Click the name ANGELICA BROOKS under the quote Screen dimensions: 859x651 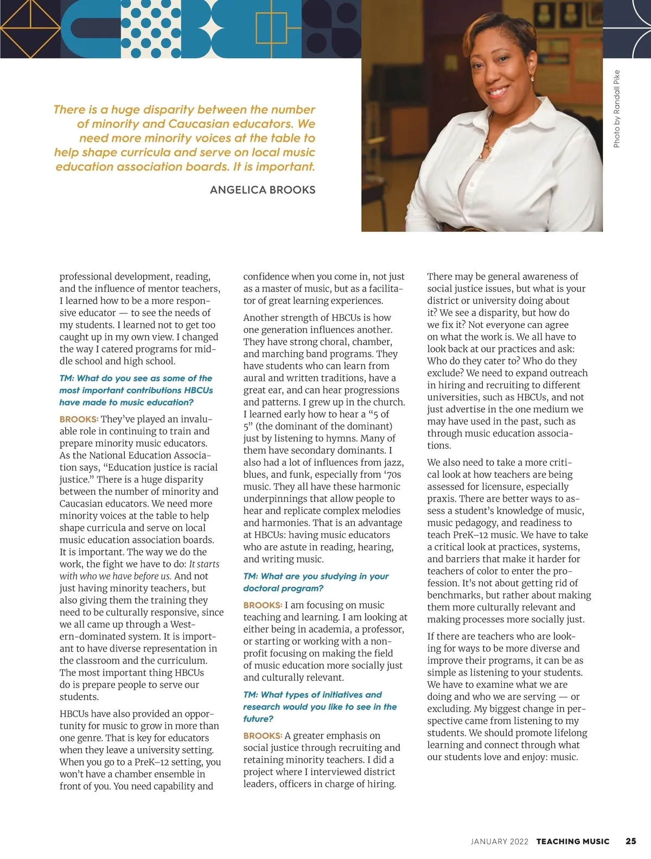263,190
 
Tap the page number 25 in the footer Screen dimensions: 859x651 631,841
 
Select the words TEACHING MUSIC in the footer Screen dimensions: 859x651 573,841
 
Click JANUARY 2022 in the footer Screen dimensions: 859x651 500,841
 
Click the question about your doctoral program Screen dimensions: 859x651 316,582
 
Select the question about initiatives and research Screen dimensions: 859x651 320,706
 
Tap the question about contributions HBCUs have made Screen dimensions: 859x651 136,390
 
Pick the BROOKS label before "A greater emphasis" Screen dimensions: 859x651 263,736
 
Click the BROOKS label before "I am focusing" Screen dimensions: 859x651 263,605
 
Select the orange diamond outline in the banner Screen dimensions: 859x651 30,29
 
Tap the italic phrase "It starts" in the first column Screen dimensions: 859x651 204,564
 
